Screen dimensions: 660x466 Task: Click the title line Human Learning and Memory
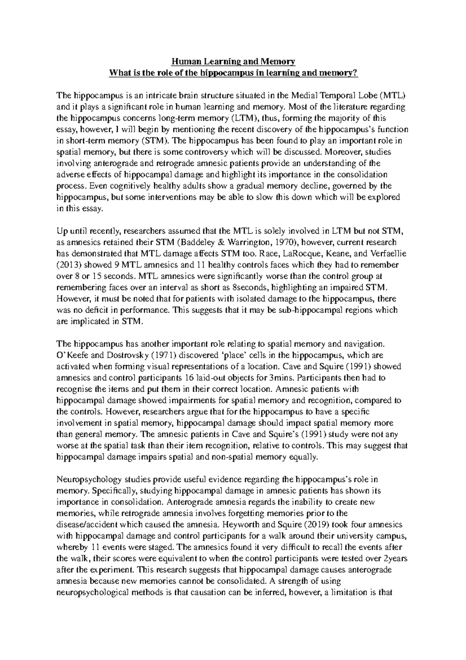pyautogui.click(x=234, y=61)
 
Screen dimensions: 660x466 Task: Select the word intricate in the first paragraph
pyautogui.click(x=180, y=95)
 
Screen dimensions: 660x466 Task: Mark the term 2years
pyautogui.click(x=395, y=558)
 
